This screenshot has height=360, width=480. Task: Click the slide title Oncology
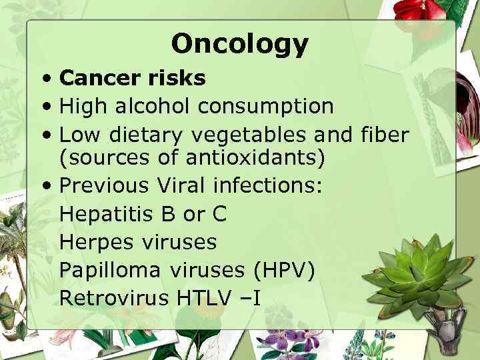(x=240, y=44)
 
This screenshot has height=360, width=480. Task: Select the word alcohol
(x=152, y=105)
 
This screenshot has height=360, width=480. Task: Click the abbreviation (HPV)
(x=284, y=270)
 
